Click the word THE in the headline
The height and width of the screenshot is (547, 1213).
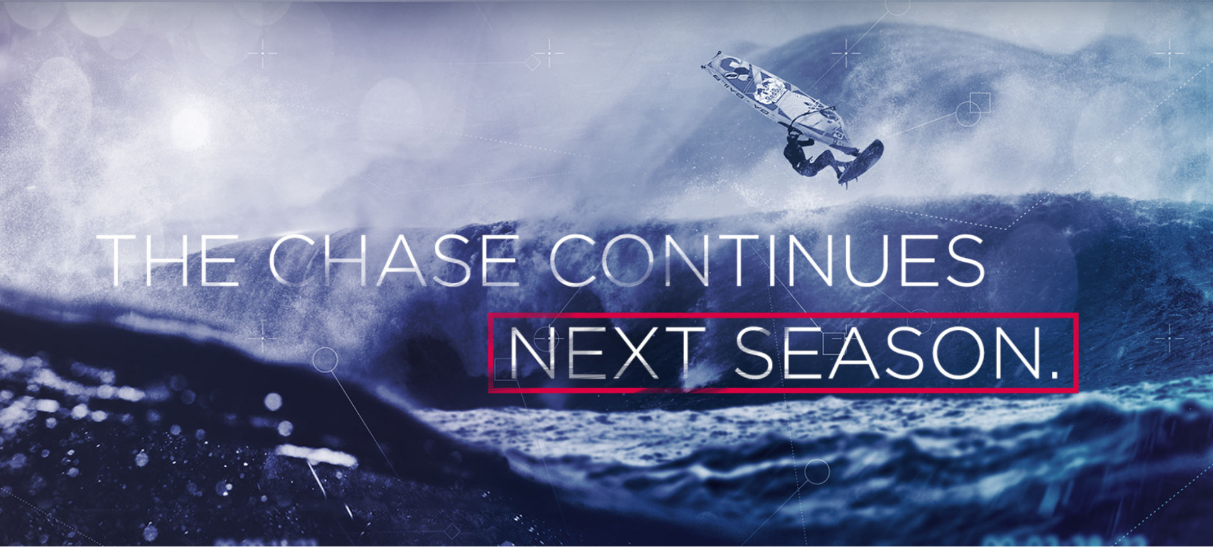[x=167, y=260]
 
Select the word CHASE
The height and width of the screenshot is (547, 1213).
[x=394, y=260]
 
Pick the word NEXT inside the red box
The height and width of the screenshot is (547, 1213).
[x=606, y=353]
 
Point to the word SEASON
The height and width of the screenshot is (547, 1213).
[x=888, y=353]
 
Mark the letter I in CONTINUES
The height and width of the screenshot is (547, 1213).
[x=771, y=260]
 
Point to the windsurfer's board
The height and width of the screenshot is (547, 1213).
[x=861, y=162]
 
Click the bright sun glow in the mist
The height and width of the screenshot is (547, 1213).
[x=190, y=127]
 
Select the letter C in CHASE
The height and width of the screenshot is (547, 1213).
[x=293, y=260]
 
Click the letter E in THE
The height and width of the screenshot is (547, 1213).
[x=222, y=260]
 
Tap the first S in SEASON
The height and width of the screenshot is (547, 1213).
[x=754, y=353]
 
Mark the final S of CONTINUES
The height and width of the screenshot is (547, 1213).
[x=965, y=260]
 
